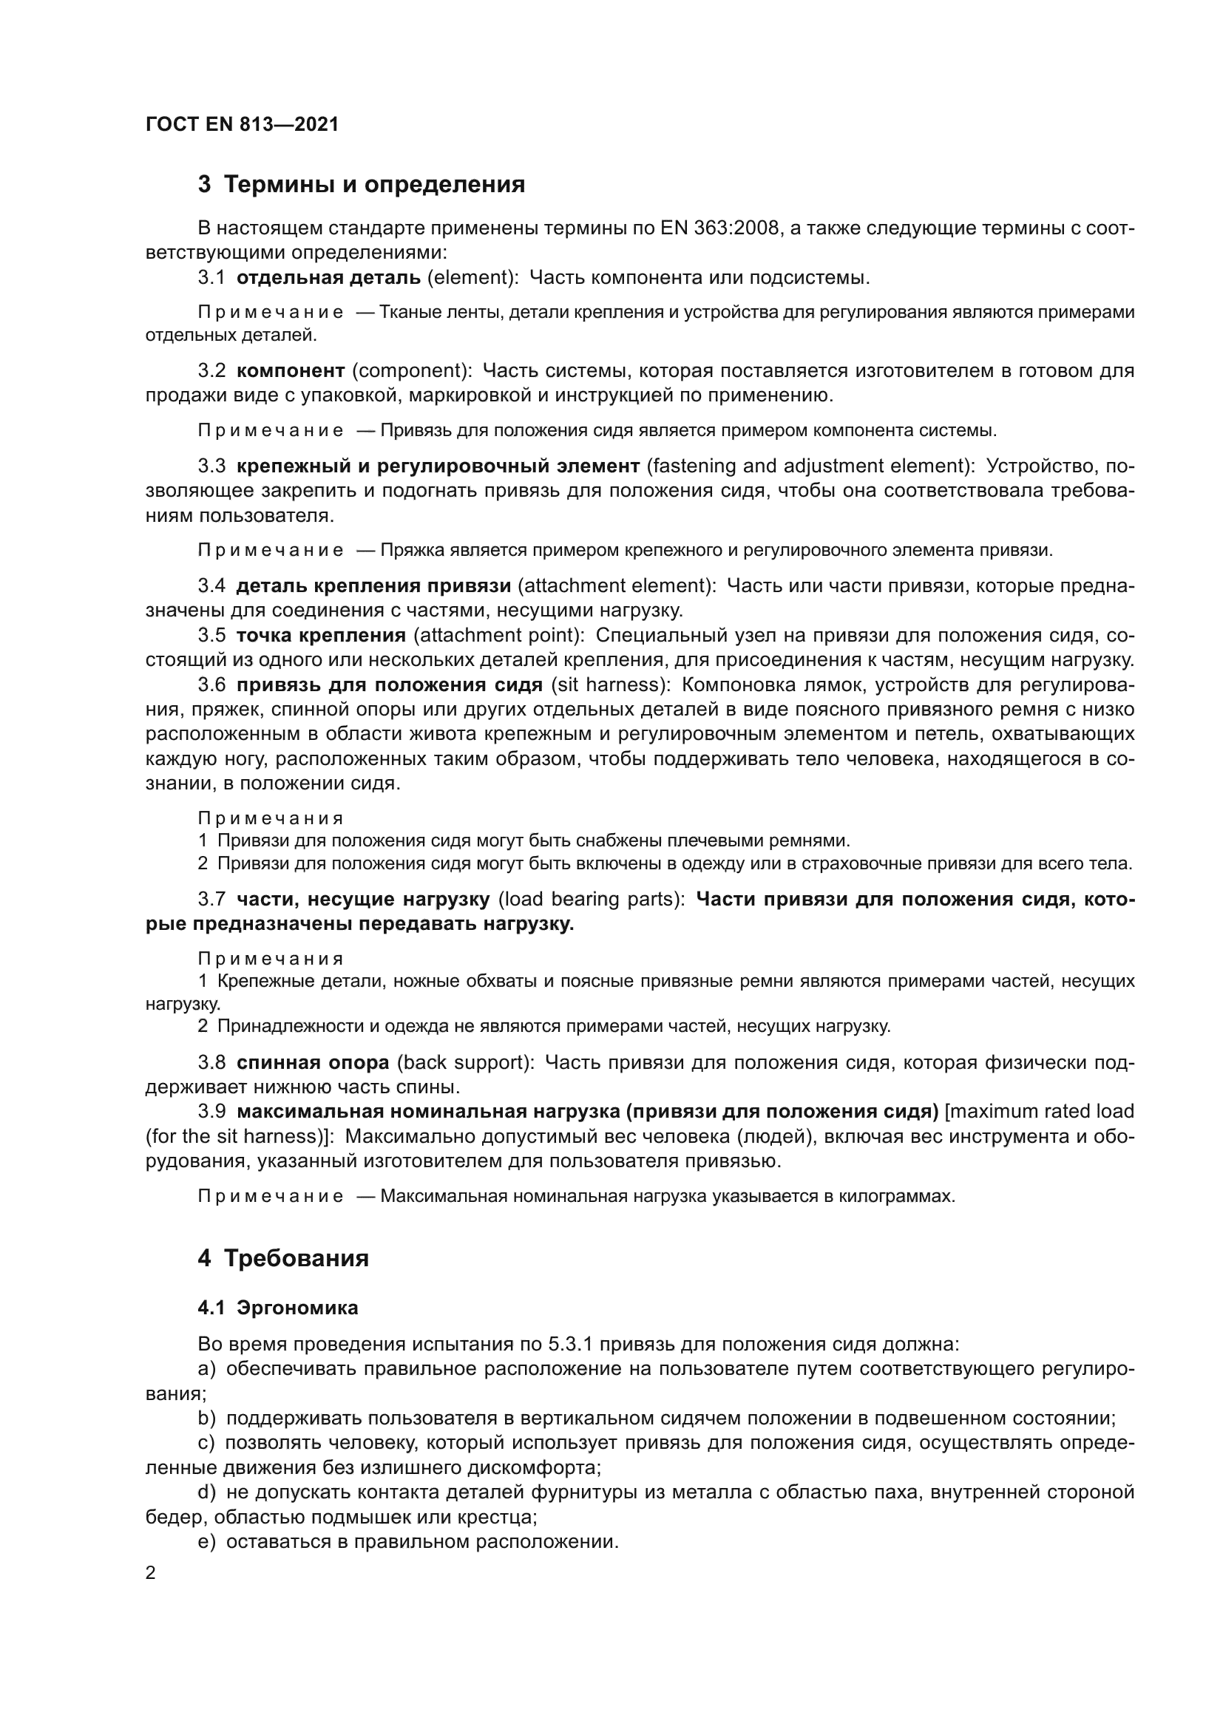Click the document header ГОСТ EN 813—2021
coord(242,124)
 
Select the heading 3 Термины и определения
coord(362,185)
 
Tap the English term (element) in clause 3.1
coord(473,277)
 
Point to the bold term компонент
coord(291,370)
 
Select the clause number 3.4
coord(211,585)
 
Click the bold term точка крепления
coord(322,635)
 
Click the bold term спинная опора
coord(313,1062)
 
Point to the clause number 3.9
coord(211,1112)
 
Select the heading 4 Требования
coord(283,1258)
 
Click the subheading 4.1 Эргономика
coord(278,1308)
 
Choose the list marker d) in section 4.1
coord(207,1492)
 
